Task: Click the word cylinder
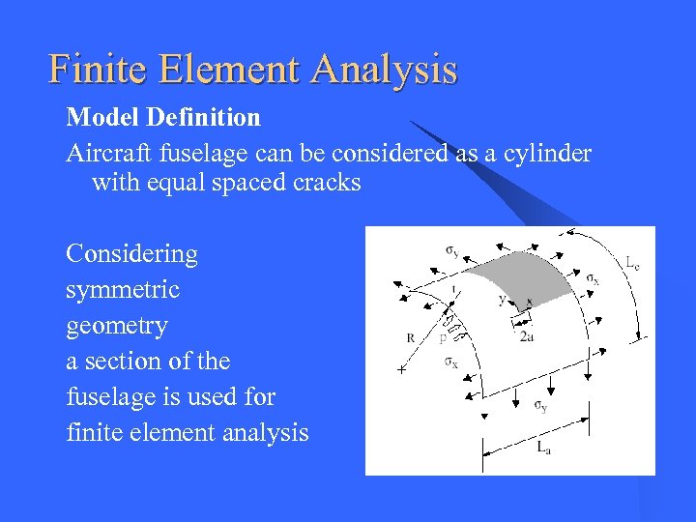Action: [544, 154]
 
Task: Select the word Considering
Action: [131, 255]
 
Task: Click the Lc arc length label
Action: [631, 261]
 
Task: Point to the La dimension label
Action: [545, 449]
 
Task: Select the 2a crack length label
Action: [528, 336]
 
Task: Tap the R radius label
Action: [412, 338]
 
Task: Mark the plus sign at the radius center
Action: [401, 370]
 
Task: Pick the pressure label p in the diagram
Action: [442, 339]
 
